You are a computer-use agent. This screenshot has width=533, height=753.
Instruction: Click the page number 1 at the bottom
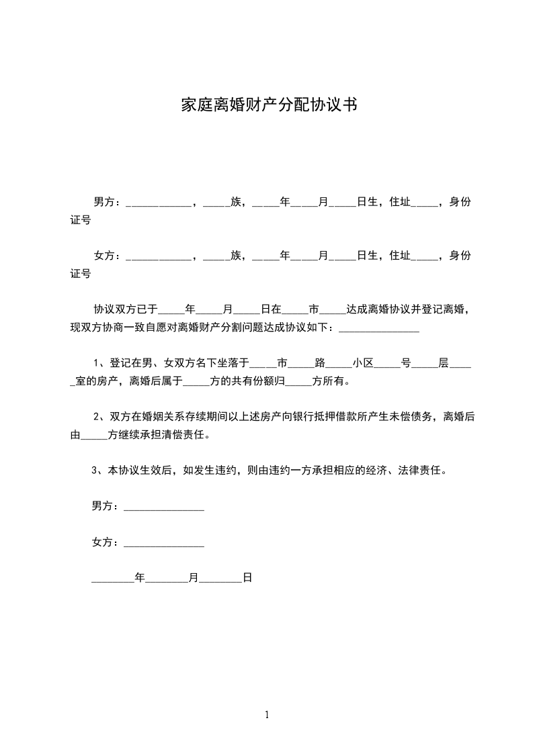click(x=267, y=715)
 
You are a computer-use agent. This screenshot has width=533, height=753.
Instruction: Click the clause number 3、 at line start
click(x=99, y=470)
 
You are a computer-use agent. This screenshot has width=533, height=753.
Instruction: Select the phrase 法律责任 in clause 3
click(x=423, y=470)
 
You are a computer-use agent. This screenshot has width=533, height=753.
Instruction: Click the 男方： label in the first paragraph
click(x=106, y=201)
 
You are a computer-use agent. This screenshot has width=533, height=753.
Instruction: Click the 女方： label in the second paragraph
click(x=106, y=255)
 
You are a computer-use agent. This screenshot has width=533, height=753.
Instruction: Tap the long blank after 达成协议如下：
click(x=379, y=328)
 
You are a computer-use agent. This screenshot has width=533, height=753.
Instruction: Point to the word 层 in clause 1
click(x=443, y=363)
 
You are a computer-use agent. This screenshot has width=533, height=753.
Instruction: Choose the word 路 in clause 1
click(x=320, y=363)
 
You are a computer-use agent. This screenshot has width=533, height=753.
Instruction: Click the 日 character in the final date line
click(x=247, y=576)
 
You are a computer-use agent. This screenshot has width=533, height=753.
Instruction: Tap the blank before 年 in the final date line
click(x=113, y=578)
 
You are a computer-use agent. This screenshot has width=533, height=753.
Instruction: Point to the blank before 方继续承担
click(x=93, y=436)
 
